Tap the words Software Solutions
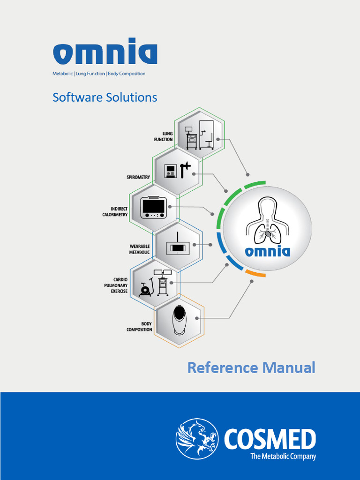point(105,97)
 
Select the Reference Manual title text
point(251,367)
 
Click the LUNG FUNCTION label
point(164,136)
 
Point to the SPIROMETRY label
point(138,177)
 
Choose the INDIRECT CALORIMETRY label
point(115,211)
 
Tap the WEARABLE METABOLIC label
point(139,249)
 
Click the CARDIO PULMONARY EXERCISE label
point(116,285)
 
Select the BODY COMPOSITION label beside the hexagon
point(139,326)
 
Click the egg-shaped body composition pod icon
point(179,320)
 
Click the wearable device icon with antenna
point(177,244)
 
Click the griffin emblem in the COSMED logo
point(197,439)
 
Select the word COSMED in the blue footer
point(270,440)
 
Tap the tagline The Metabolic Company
point(283,456)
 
